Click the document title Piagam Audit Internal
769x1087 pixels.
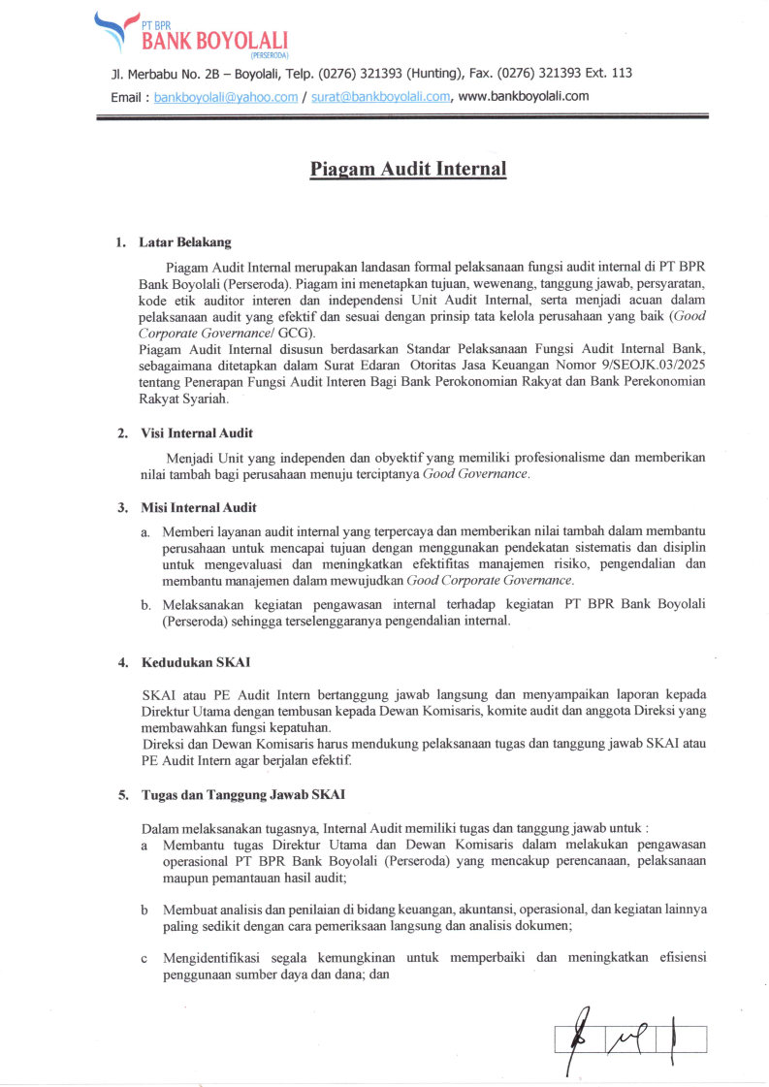[x=408, y=169]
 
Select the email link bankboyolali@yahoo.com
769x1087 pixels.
[x=225, y=97]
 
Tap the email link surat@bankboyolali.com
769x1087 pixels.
[x=381, y=97]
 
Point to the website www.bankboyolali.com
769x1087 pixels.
[x=524, y=96]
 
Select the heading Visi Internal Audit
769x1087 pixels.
[x=197, y=433]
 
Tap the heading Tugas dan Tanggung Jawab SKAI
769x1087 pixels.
[x=242, y=795]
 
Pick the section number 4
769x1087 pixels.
[x=123, y=663]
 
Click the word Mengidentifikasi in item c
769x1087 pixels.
[x=220, y=958]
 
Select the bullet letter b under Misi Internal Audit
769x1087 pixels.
[x=145, y=605]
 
